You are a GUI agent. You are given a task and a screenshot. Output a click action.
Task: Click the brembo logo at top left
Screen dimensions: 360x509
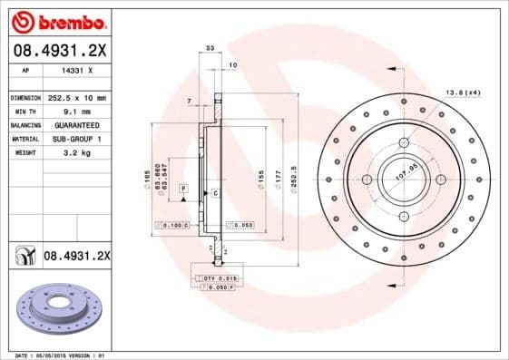tap(56, 19)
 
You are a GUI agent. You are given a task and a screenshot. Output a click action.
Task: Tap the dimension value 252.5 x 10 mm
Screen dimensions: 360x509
tap(77, 97)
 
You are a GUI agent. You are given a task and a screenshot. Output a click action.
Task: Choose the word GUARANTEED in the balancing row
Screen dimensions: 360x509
tap(76, 124)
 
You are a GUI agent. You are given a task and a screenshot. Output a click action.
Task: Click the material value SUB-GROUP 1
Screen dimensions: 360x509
tap(77, 139)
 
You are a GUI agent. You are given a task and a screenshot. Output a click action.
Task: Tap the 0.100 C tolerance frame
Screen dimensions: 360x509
tap(171, 224)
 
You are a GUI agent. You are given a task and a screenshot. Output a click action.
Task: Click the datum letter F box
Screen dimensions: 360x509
tap(182, 188)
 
